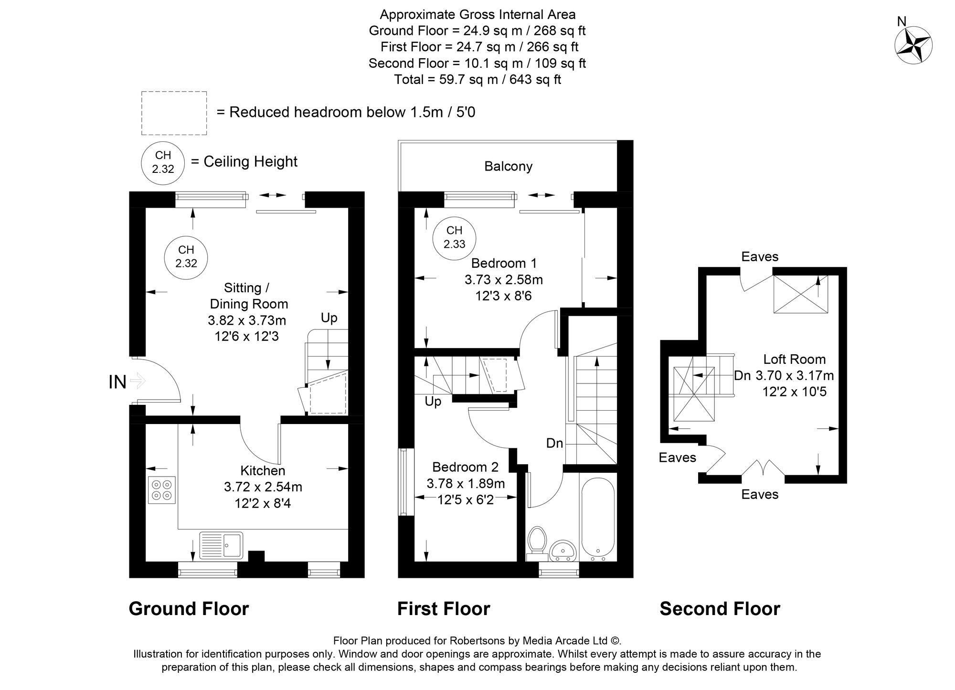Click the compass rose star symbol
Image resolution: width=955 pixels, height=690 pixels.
tap(913, 45)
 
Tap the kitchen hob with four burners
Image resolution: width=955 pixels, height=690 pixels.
tap(161, 490)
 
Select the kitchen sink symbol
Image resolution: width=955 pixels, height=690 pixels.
tap(221, 545)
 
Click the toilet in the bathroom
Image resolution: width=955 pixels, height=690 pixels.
tap(537, 543)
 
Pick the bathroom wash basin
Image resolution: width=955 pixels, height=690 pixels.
tap(564, 551)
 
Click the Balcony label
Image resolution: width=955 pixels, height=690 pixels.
tap(508, 166)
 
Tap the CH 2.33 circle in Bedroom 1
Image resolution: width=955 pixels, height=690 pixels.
tap(454, 237)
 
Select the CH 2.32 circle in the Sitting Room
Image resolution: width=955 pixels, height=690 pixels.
tap(186, 256)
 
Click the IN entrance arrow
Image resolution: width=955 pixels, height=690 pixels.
tap(137, 382)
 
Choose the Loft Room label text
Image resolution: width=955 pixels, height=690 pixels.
tap(794, 359)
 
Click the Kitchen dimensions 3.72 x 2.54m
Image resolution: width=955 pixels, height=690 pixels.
tap(263, 487)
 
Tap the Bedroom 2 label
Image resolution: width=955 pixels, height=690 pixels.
tap(465, 467)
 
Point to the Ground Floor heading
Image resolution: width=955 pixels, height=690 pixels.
tap(189, 609)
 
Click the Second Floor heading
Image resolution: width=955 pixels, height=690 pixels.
tap(720, 609)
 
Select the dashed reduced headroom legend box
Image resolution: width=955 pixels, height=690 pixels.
tap(174, 113)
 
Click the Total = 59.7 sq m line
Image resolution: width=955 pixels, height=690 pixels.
tap(477, 79)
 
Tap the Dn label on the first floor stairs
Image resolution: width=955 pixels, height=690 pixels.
tap(554, 443)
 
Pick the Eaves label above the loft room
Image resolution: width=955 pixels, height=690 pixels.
tap(759, 257)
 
